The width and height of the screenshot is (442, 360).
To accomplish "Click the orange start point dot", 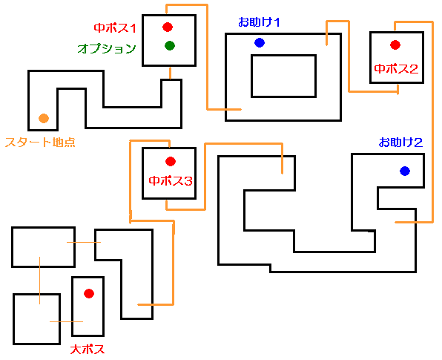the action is click(x=44, y=118).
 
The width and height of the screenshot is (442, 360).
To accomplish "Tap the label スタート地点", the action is click(x=40, y=142).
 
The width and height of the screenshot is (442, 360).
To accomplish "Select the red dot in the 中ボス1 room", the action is click(x=168, y=27).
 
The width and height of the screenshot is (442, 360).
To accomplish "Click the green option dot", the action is click(x=170, y=45).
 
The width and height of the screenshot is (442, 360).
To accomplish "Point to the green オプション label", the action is click(x=107, y=48).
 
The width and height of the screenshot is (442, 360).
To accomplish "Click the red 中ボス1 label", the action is click(x=115, y=28).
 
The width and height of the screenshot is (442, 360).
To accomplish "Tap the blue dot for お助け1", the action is click(x=260, y=42).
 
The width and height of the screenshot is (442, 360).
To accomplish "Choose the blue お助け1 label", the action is click(x=259, y=22).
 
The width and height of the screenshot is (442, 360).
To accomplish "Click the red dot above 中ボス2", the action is click(x=395, y=45).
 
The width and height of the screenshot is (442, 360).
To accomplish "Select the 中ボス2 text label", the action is click(x=396, y=68).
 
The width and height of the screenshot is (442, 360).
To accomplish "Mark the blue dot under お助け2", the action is click(x=405, y=171).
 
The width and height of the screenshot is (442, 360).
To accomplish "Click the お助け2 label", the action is click(x=400, y=143).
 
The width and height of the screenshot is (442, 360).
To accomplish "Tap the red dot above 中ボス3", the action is click(x=171, y=161).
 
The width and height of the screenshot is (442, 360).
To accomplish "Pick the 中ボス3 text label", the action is click(x=171, y=180).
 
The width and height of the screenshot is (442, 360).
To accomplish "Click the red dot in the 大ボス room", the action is click(x=89, y=293).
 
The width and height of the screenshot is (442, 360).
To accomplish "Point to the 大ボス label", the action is click(x=88, y=350).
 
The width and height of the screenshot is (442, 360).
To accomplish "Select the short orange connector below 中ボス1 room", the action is click(x=170, y=73).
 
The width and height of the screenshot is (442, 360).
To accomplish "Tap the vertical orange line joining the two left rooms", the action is click(x=39, y=281).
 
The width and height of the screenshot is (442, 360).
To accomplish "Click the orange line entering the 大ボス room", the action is click(x=66, y=321).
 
